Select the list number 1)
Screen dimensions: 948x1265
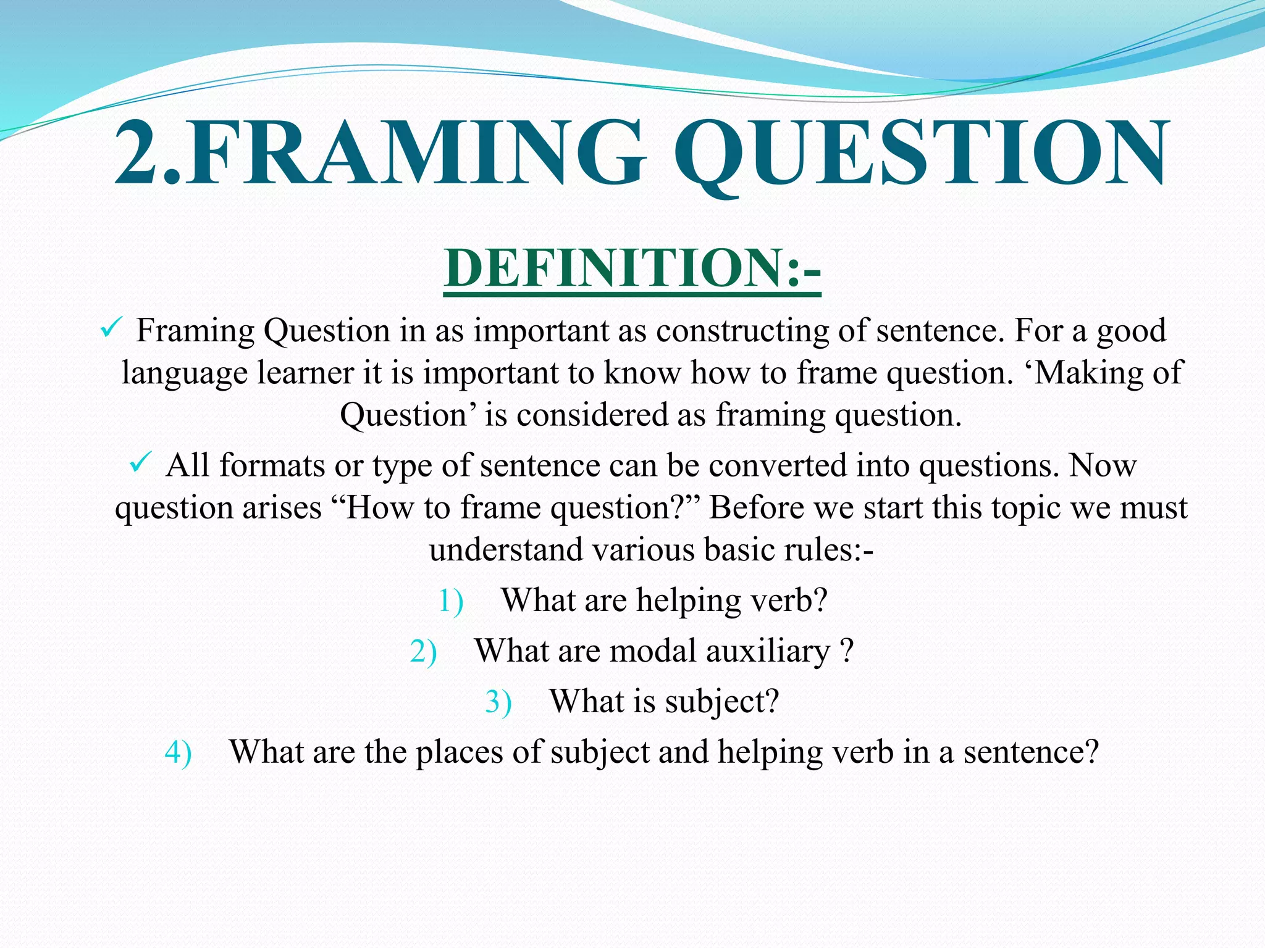[x=450, y=601]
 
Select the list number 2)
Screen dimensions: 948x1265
[x=423, y=652]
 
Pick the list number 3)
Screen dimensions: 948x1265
[x=498, y=702]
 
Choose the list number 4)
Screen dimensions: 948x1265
[x=179, y=753]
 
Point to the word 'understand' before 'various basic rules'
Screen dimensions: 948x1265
[x=506, y=549]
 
